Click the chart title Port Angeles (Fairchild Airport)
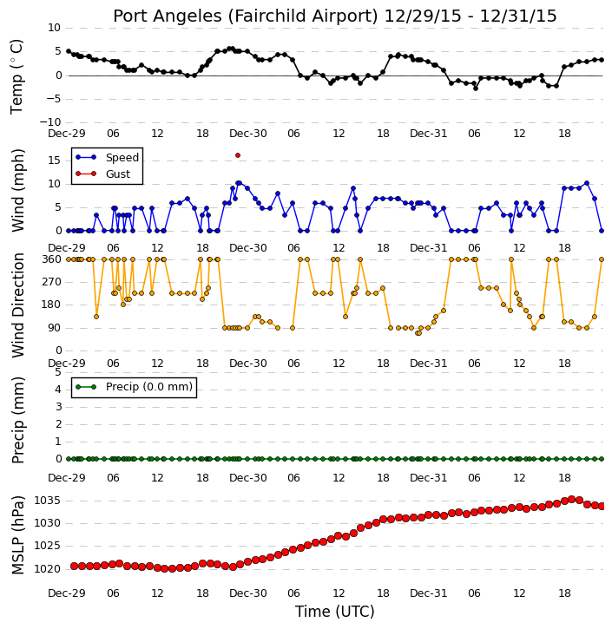(x=245, y=16)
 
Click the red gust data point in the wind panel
(x=238, y=155)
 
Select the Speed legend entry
(x=107, y=157)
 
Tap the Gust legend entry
(x=102, y=174)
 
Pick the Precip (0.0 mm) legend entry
(x=134, y=387)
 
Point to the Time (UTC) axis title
(x=335, y=612)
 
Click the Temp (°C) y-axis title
(x=16, y=76)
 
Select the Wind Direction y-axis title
(x=18, y=305)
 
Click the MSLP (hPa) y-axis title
(x=18, y=535)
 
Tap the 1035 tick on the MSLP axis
(x=48, y=501)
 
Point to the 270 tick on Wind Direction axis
(x=52, y=282)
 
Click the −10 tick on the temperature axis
(x=49, y=122)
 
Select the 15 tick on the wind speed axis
(x=55, y=161)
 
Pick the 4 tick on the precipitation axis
(x=58, y=390)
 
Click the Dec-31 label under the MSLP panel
(x=429, y=593)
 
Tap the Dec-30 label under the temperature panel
(x=248, y=134)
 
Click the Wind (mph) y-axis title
(x=18, y=190)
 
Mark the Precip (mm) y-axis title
(x=18, y=420)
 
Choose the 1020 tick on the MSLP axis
(x=48, y=569)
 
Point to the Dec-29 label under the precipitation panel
(x=67, y=478)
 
